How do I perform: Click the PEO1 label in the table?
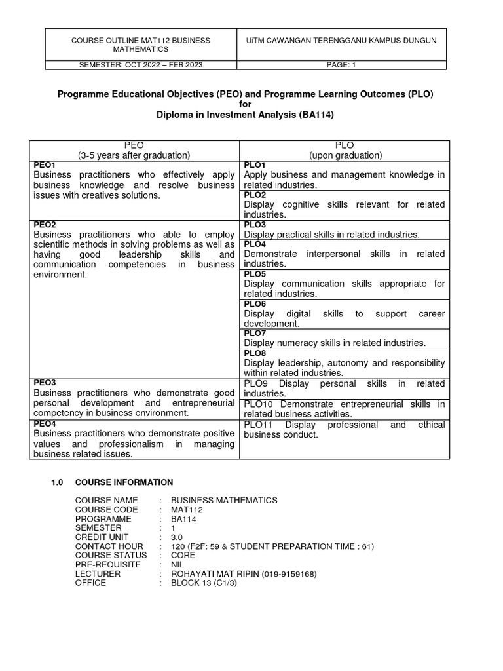click(44, 165)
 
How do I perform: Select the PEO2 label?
click(44, 224)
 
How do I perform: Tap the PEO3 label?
click(44, 382)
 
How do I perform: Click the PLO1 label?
click(255, 165)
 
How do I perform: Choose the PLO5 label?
click(255, 274)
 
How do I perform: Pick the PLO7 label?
click(255, 333)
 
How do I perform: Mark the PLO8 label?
click(255, 353)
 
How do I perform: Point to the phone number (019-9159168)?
click(289, 574)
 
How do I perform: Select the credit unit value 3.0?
click(177, 537)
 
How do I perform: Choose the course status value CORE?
click(184, 555)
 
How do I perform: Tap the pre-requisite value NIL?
click(178, 564)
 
